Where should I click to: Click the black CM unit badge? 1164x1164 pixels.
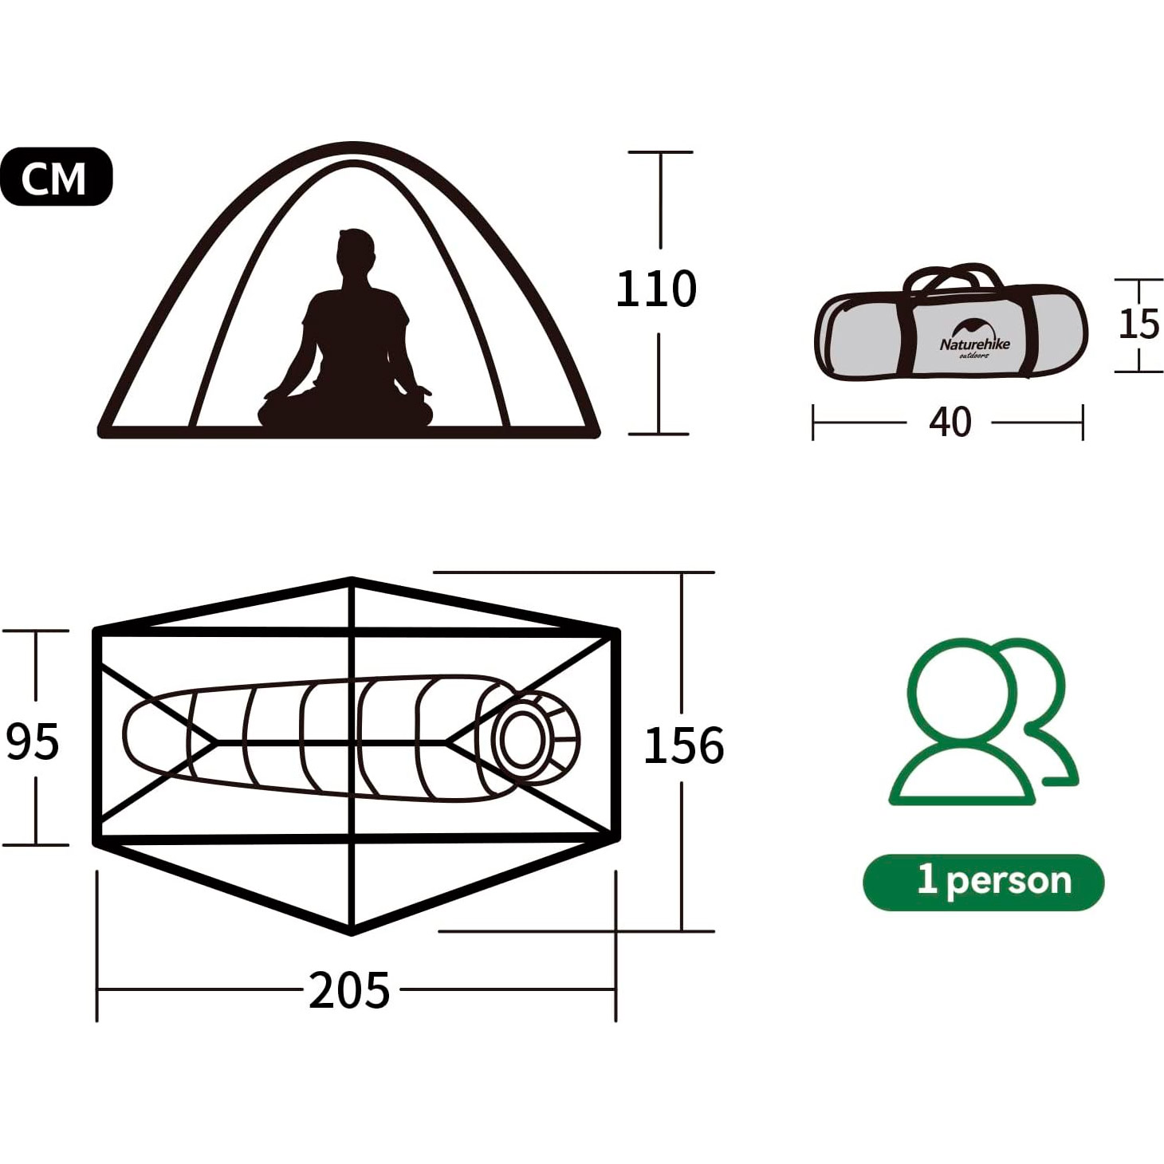coord(56,176)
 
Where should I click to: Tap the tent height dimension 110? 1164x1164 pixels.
coord(656,289)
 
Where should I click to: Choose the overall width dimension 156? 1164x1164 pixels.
coord(684,745)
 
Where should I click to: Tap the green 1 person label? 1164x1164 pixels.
coord(983,882)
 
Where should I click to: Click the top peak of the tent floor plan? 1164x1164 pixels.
coord(352,581)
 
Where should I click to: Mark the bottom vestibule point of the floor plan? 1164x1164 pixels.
coord(352,931)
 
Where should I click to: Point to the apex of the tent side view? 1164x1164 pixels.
coord(353,146)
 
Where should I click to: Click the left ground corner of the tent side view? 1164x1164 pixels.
coord(103,432)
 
